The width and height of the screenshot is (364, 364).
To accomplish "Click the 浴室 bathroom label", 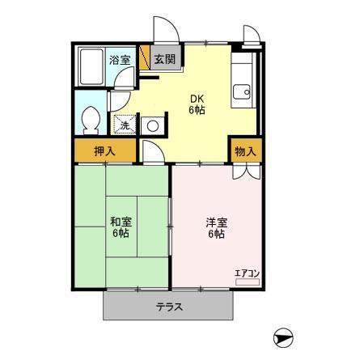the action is pos(120,60).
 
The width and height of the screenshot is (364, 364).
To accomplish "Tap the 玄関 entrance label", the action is pos(165,59).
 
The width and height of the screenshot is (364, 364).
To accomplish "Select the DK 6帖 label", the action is pos(197,104).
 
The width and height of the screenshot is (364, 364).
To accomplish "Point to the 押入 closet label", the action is pos(104,151).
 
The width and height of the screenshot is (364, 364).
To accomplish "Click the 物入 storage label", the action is pos(245,151).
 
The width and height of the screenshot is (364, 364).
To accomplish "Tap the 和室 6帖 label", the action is pos(121,227).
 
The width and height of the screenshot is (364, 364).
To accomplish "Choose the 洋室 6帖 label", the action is pos(217,228).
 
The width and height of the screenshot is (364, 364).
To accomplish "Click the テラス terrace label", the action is pos(170,307).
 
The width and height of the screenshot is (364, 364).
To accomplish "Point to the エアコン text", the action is pos(247,273).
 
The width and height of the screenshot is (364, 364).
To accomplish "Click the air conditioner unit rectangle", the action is pos(248,282).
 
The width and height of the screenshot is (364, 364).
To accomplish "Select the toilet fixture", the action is pos(91,121).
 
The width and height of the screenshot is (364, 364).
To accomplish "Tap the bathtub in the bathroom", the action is pos(91,67).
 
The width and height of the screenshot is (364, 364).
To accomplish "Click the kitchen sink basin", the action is pos(242,92).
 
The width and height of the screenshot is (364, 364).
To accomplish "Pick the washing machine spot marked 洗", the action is pos(125,125).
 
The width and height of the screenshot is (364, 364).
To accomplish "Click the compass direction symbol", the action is pos(283,338).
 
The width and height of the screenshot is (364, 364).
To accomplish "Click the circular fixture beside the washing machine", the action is pos(153,126).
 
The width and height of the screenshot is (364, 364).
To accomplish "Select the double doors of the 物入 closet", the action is pos(247,172).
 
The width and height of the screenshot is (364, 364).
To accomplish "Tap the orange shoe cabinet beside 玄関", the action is pos(145,57).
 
